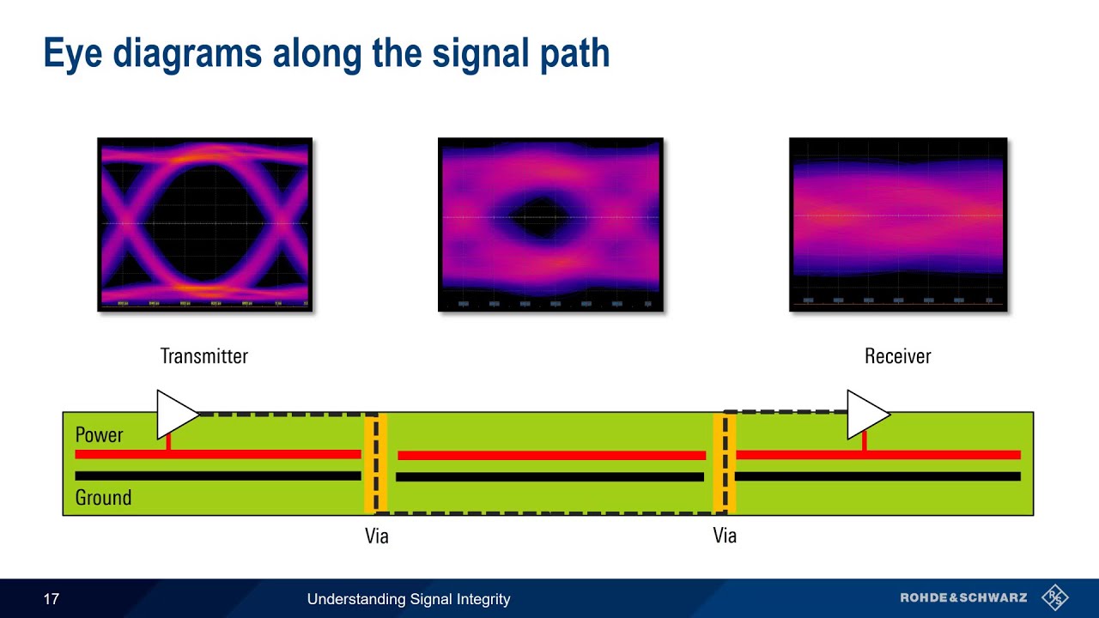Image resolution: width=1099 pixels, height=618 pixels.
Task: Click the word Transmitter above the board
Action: (x=203, y=356)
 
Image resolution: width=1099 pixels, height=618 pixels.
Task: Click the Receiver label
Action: (x=897, y=356)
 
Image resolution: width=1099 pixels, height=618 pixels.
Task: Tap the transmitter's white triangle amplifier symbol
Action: (x=174, y=414)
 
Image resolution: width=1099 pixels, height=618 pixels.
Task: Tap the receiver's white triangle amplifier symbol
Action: (x=865, y=414)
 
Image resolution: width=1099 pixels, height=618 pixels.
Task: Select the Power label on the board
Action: (x=100, y=434)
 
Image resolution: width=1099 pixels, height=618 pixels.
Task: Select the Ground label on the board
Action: (x=103, y=497)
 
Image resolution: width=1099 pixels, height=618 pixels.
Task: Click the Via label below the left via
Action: (x=376, y=536)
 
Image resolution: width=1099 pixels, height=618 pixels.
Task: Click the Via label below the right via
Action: (x=725, y=536)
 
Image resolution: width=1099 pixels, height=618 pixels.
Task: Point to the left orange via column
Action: (x=375, y=463)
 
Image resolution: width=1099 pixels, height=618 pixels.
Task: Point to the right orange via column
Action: (x=725, y=463)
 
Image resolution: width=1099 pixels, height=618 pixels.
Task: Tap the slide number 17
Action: (x=52, y=599)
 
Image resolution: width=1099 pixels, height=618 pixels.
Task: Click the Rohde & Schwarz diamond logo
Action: (x=1055, y=597)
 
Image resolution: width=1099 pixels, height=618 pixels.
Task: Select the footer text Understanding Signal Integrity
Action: (x=409, y=599)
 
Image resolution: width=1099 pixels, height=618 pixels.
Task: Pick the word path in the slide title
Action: (x=574, y=53)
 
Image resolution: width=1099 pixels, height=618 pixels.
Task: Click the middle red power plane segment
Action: (x=551, y=456)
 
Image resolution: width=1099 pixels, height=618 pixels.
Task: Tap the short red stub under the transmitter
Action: (x=168, y=441)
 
